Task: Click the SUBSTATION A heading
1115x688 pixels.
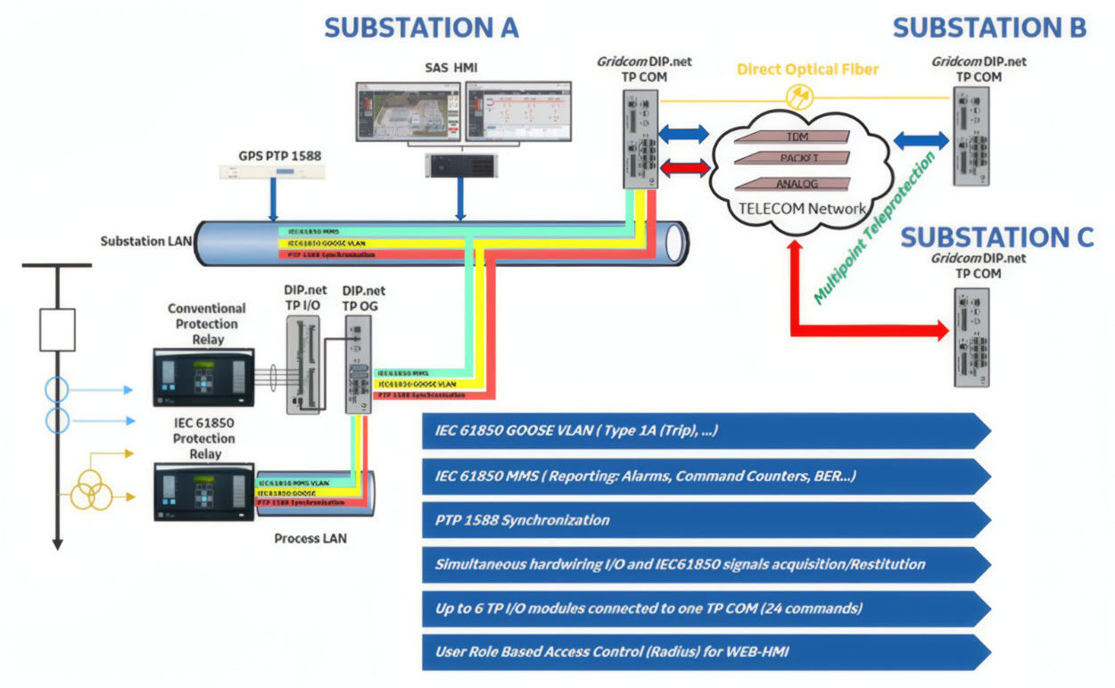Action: (421, 28)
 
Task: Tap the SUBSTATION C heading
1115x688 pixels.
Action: (996, 237)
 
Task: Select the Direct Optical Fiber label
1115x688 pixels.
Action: (808, 69)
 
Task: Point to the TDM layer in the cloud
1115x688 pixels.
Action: (797, 137)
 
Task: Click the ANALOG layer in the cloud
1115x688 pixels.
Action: (797, 184)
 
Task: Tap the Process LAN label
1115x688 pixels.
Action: (310, 538)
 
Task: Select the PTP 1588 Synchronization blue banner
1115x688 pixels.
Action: (705, 519)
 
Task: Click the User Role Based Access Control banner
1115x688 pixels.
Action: (705, 651)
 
